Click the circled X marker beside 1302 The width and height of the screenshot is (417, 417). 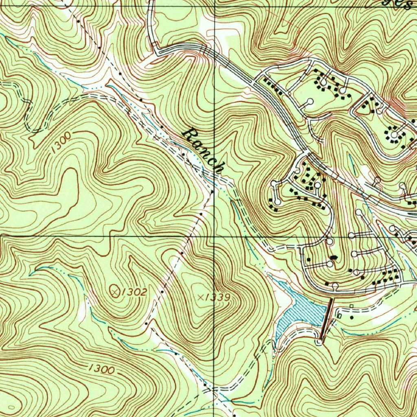tap(116, 291)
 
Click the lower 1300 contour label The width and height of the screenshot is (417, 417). tap(101, 369)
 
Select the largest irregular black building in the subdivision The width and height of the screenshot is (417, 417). tap(334, 257)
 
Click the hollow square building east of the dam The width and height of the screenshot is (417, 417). tap(351, 306)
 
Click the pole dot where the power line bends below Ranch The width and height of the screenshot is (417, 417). tap(212, 191)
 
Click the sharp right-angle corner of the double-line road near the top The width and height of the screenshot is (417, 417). tap(155, 50)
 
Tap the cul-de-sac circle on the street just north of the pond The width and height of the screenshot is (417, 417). tap(335, 286)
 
